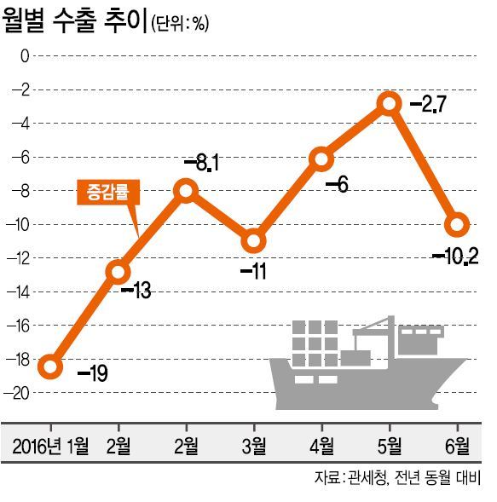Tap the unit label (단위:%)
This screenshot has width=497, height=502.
(x=180, y=23)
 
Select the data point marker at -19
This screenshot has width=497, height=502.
(x=50, y=366)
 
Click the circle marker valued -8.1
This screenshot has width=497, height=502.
(x=187, y=191)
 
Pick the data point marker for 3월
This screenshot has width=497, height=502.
(x=254, y=240)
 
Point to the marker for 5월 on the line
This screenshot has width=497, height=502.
(x=390, y=104)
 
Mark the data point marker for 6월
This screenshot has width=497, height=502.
(x=457, y=224)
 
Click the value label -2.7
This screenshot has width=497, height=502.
(x=428, y=104)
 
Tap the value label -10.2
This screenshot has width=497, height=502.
(x=455, y=257)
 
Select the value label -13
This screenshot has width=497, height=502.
(x=136, y=291)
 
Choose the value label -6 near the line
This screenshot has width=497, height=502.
(x=337, y=185)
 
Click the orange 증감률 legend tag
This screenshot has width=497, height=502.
(x=108, y=192)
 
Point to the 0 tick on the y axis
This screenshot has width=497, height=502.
(x=25, y=56)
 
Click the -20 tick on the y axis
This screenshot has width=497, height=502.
(x=17, y=393)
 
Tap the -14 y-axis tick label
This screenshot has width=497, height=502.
(x=18, y=292)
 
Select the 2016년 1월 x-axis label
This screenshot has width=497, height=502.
(x=50, y=446)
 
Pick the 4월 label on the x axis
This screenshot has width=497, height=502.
(x=322, y=446)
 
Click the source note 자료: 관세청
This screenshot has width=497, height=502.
(x=350, y=478)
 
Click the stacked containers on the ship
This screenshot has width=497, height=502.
(x=315, y=343)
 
